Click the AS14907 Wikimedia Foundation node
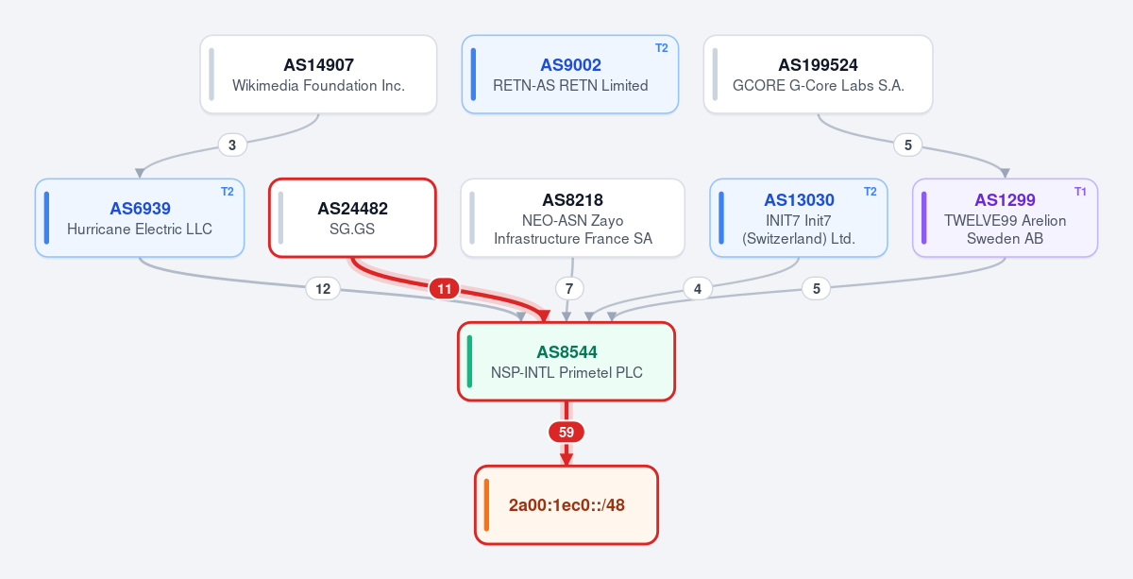point(318,75)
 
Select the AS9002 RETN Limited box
point(570,75)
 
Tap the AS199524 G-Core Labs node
point(818,75)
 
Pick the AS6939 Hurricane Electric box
point(140,217)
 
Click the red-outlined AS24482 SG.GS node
point(352,217)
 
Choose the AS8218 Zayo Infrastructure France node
point(572,217)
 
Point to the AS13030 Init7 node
point(799,217)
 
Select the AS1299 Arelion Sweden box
point(1005,217)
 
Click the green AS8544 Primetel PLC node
point(566,362)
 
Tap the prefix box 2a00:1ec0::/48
point(566,505)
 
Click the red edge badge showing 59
point(566,433)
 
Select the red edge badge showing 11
point(444,289)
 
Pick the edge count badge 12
point(323,289)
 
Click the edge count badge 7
point(569,289)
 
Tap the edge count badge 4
point(698,289)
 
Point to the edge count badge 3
point(232,145)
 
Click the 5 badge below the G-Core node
point(908,145)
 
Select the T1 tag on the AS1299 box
point(1080,192)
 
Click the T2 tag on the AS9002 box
point(662,48)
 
